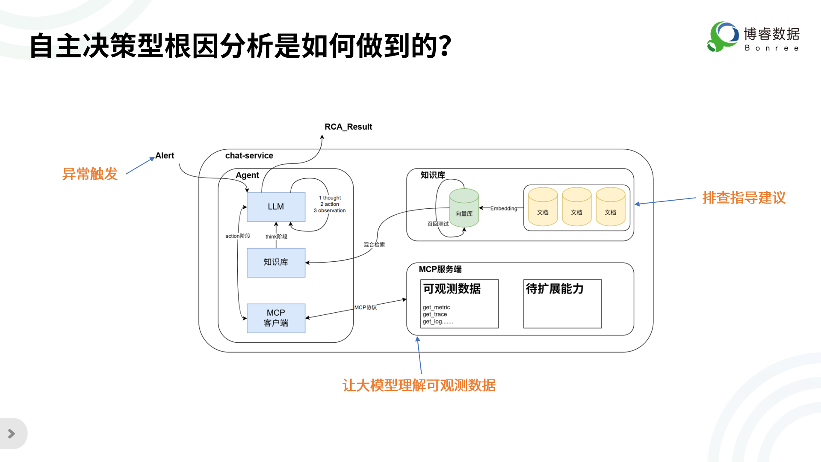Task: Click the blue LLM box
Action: (276, 207)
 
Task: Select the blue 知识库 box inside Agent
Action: (276, 262)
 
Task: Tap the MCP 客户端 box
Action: (276, 318)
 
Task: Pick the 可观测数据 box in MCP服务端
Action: (460, 304)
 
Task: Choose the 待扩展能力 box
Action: (562, 304)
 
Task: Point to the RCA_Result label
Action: (348, 127)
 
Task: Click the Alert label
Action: (165, 156)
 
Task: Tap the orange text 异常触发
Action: (90, 174)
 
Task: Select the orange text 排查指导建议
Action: (744, 198)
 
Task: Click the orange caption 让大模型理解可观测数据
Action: (419, 385)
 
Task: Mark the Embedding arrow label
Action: (504, 209)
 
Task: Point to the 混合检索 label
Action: (374, 245)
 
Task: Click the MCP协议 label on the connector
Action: (366, 308)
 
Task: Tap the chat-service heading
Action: (249, 156)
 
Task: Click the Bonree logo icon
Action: (723, 37)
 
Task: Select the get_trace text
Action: (435, 314)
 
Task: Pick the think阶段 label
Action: (276, 237)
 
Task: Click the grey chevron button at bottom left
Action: (12, 434)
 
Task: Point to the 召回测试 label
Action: (438, 224)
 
